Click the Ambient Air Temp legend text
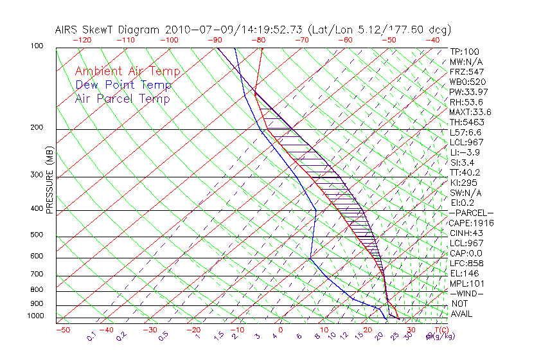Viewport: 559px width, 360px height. [x=127, y=71]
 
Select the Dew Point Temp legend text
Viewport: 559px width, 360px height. [x=123, y=85]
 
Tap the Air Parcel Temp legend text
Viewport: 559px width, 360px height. [x=122, y=98]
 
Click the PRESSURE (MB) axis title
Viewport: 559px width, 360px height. [x=49, y=183]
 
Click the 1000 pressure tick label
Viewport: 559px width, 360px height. [x=37, y=316]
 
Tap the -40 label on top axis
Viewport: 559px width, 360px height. [x=432, y=40]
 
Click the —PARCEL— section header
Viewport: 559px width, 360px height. [x=472, y=213]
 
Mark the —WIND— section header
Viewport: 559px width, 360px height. [x=468, y=293]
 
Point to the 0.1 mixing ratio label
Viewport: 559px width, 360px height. [x=92, y=336]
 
